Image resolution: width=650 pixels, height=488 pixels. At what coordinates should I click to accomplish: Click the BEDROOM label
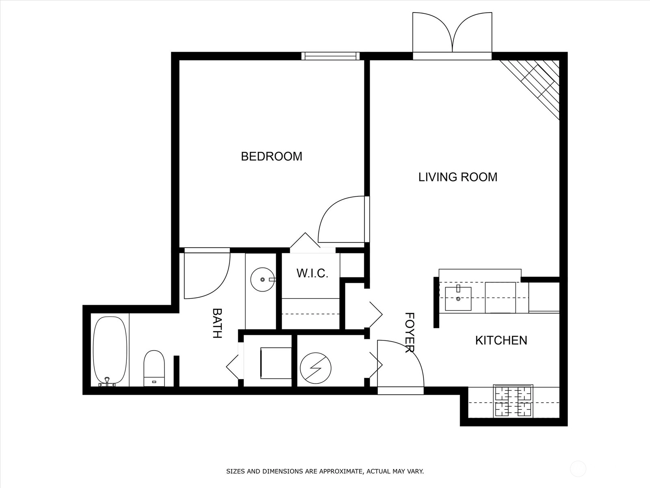(x=271, y=157)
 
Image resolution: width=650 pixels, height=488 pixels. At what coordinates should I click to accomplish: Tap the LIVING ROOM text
(x=458, y=177)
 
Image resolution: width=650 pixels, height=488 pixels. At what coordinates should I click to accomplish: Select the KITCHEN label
(x=501, y=340)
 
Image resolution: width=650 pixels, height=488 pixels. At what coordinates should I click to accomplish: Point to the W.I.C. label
(x=312, y=273)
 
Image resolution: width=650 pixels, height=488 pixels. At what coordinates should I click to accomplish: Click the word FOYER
(x=409, y=332)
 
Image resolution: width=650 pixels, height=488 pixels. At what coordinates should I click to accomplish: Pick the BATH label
(x=217, y=323)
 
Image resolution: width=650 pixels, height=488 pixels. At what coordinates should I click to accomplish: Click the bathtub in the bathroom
(x=110, y=351)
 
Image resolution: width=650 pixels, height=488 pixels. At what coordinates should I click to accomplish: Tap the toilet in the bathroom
(x=154, y=368)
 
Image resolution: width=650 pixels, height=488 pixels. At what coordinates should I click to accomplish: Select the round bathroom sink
(x=263, y=279)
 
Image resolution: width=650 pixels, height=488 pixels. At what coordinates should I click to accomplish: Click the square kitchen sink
(x=458, y=298)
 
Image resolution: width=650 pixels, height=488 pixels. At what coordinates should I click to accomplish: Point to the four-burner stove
(x=513, y=401)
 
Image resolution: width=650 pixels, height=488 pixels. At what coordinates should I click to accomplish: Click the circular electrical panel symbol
(x=316, y=368)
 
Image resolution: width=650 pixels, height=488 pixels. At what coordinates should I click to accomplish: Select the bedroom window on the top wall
(x=330, y=56)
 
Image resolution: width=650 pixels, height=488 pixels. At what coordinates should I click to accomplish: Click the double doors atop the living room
(x=453, y=35)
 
